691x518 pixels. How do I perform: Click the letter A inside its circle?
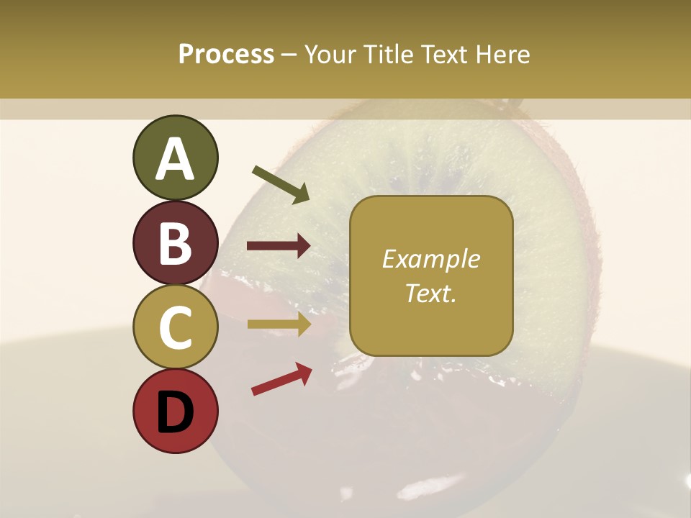[175, 159]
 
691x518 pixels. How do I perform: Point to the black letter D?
[175, 412]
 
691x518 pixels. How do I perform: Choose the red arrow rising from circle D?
[281, 379]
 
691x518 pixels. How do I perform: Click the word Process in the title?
[226, 54]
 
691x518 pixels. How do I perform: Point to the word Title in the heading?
[387, 54]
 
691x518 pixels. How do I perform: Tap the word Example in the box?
[430, 259]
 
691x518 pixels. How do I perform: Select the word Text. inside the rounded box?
[430, 293]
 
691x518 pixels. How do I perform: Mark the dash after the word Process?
[289, 55]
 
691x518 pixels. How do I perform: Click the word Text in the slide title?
[446, 54]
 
